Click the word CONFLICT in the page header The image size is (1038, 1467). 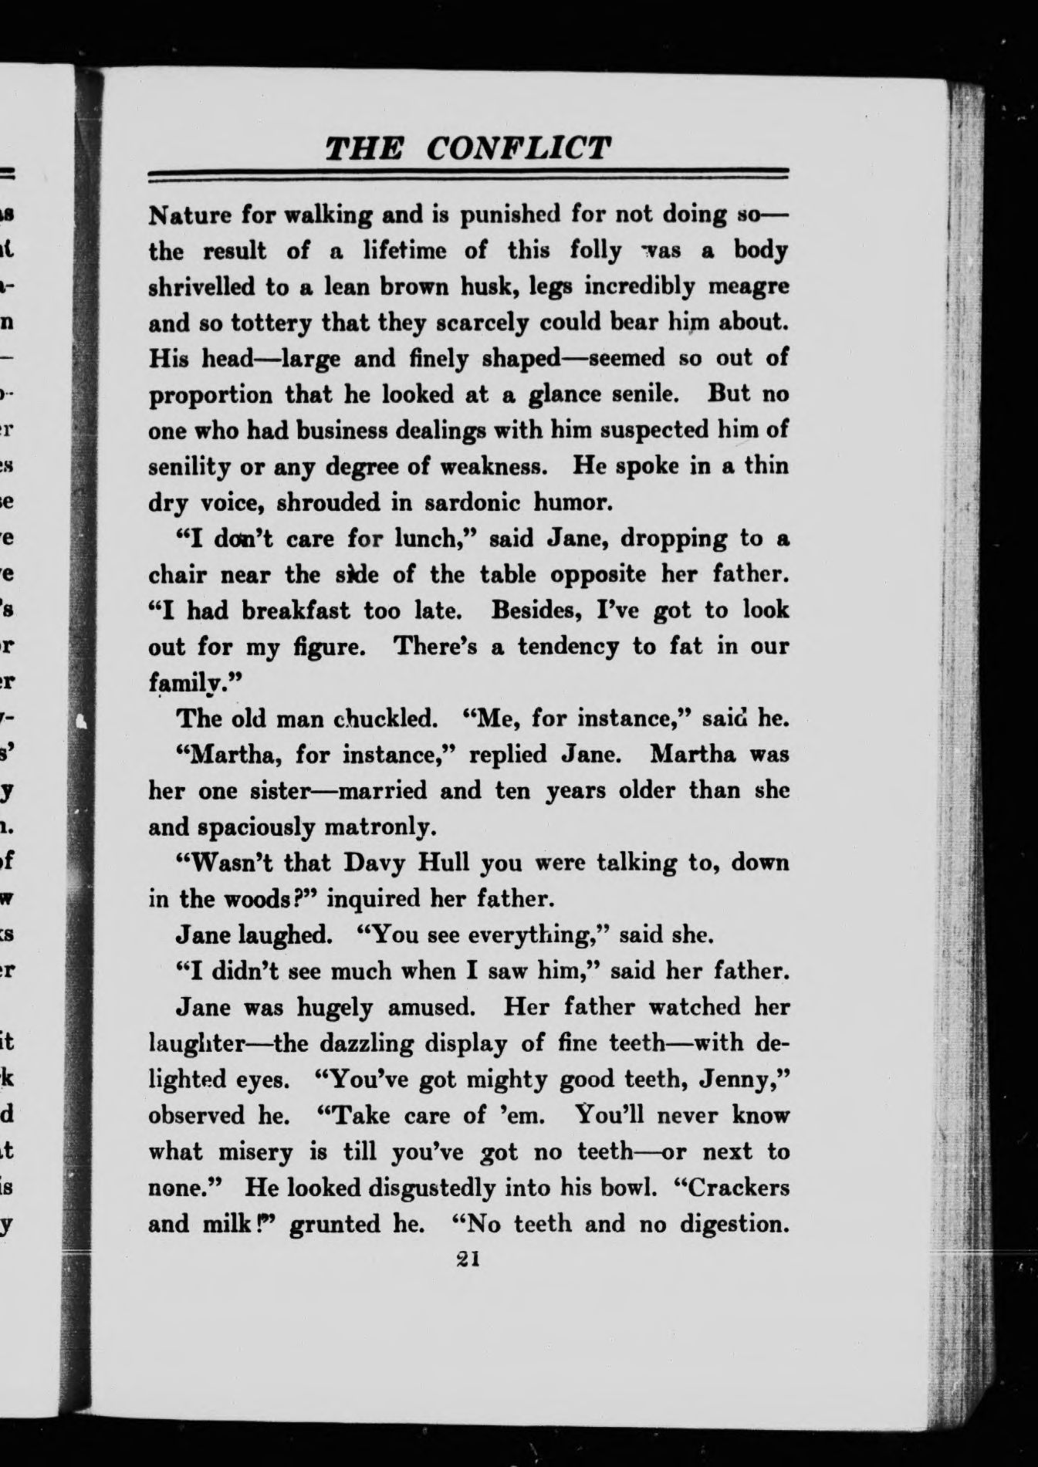[518, 147]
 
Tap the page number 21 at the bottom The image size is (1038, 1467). [468, 1259]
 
